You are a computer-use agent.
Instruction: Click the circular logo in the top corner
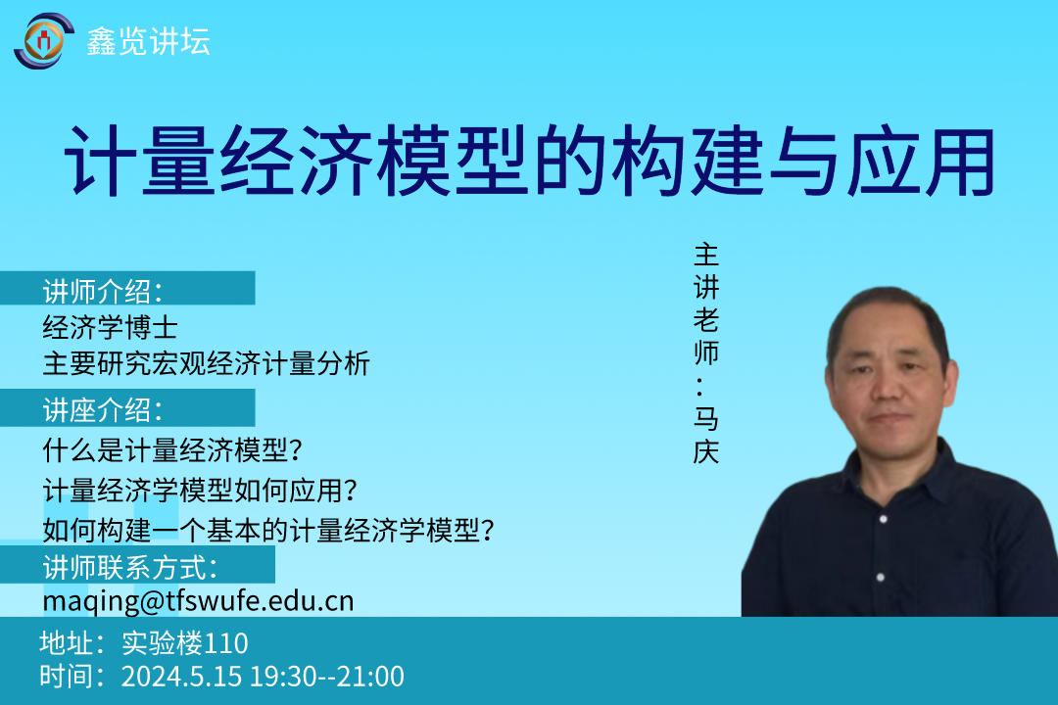(x=44, y=41)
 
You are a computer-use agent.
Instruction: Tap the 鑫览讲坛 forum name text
(x=149, y=42)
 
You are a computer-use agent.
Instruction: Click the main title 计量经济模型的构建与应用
(x=530, y=162)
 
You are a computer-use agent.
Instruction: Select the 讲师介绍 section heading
(x=103, y=292)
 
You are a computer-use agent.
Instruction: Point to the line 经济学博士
(x=110, y=328)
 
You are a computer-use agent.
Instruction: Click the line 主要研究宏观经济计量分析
(x=206, y=363)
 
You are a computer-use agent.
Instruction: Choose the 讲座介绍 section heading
(x=103, y=410)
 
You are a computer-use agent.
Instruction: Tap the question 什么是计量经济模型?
(x=172, y=450)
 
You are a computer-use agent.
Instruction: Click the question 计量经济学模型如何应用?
(x=200, y=491)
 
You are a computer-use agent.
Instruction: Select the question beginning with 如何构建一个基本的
(x=268, y=531)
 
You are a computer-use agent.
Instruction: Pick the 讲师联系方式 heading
(x=129, y=567)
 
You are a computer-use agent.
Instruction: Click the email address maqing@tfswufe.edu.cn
(x=198, y=601)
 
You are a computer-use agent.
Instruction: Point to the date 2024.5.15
(x=181, y=677)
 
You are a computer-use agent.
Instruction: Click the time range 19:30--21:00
(x=327, y=677)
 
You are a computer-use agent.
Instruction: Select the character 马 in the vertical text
(x=706, y=418)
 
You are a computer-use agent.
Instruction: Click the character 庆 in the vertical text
(x=706, y=451)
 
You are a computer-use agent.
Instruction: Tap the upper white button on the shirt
(x=884, y=519)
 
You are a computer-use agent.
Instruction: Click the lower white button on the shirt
(x=880, y=578)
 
